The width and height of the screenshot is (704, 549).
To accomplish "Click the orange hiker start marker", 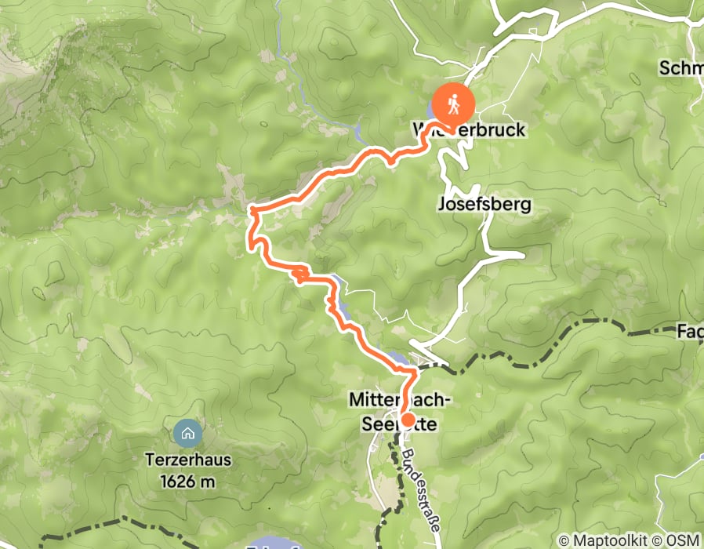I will (453, 103).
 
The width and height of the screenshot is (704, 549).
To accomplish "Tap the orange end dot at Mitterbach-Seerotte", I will (407, 419).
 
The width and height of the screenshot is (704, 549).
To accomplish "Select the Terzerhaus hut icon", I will (187, 432).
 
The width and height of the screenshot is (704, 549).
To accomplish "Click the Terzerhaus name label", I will (187, 460).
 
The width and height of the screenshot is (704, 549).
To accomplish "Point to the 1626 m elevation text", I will (187, 482).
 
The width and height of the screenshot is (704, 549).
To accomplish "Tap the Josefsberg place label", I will (484, 205).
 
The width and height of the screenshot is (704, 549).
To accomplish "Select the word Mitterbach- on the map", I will (399, 401).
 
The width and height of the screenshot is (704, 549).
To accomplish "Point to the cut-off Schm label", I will (680, 68).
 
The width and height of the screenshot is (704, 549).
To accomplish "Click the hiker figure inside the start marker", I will (453, 103).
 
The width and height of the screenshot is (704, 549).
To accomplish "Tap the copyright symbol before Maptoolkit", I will (564, 540).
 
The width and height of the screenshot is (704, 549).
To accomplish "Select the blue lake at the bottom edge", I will (270, 544).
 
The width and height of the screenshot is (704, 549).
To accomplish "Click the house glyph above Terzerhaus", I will (187, 432).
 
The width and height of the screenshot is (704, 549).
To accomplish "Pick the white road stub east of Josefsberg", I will (508, 254).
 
